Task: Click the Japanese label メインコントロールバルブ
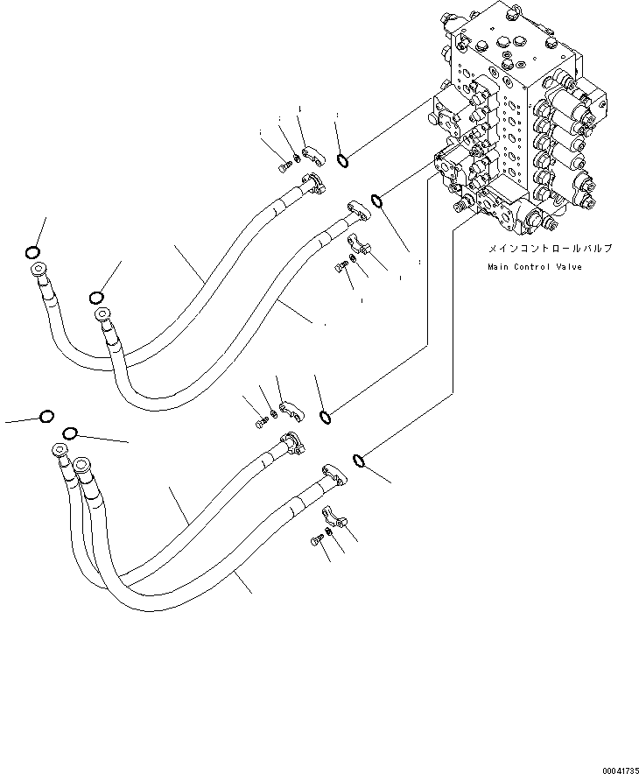click(x=537, y=249)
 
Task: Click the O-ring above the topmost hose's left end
click(x=32, y=253)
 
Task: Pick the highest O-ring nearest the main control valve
click(x=343, y=159)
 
